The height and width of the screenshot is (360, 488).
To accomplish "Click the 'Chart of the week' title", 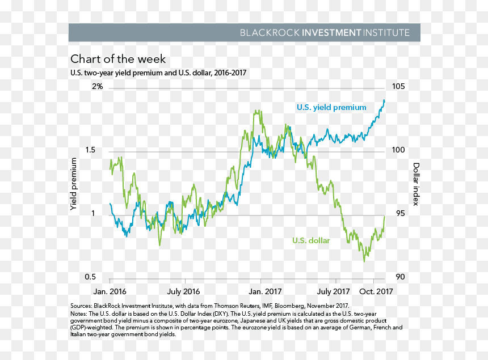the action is [x=118, y=59].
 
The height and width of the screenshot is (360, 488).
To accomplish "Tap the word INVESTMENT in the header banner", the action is [x=331, y=33].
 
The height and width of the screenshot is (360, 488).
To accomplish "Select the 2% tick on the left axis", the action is [x=97, y=86].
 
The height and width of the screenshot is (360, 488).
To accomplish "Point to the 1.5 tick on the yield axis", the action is [x=90, y=150].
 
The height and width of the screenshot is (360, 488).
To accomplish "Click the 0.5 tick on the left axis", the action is [x=90, y=277].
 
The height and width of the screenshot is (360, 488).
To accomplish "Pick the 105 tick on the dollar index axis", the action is [x=398, y=86].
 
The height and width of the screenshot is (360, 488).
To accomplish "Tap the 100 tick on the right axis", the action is [x=398, y=150].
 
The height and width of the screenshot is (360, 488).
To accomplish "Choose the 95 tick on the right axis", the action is [x=401, y=213].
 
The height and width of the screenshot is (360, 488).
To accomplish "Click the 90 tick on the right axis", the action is [x=401, y=277].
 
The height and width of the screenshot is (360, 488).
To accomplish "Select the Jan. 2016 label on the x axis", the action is [x=110, y=291].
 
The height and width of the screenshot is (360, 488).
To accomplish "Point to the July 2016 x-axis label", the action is [x=183, y=291].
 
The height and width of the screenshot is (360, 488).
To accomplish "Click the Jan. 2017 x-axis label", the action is [x=265, y=291].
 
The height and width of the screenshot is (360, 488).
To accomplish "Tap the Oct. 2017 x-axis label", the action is [x=376, y=291].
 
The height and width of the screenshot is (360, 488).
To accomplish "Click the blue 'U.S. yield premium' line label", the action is [x=331, y=108].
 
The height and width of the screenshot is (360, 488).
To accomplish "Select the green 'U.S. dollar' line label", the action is [x=311, y=240].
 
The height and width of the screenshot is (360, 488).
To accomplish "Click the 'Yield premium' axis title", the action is [x=73, y=184].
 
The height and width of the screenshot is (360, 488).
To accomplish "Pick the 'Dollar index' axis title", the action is [x=416, y=184].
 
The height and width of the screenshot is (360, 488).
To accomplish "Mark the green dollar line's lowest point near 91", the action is [x=364, y=261].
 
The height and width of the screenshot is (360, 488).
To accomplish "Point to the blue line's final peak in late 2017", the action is [x=384, y=100].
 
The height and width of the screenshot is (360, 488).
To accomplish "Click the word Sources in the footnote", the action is [x=81, y=306].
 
